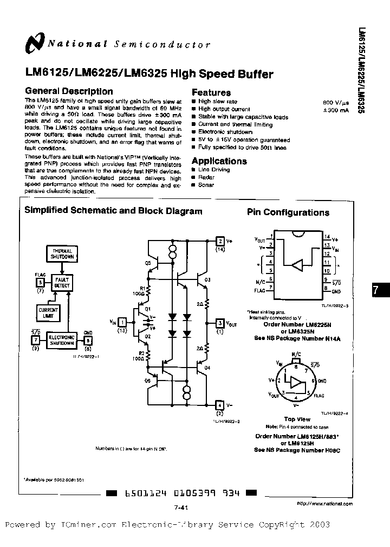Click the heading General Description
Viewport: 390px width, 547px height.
point(69,91)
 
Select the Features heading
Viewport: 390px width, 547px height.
point(211,92)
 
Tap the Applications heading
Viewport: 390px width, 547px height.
point(219,161)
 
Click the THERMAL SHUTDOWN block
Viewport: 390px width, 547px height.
point(62,254)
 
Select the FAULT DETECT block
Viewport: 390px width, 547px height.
point(62,282)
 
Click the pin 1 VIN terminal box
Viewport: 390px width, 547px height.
point(122,322)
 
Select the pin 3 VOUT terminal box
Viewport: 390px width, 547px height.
point(219,323)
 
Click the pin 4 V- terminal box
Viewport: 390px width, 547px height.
point(219,404)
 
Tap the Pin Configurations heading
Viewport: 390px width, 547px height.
point(288,212)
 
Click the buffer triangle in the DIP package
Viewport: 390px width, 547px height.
point(297,264)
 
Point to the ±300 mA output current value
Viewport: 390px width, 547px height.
point(336,110)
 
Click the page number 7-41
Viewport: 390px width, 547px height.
point(181,506)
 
